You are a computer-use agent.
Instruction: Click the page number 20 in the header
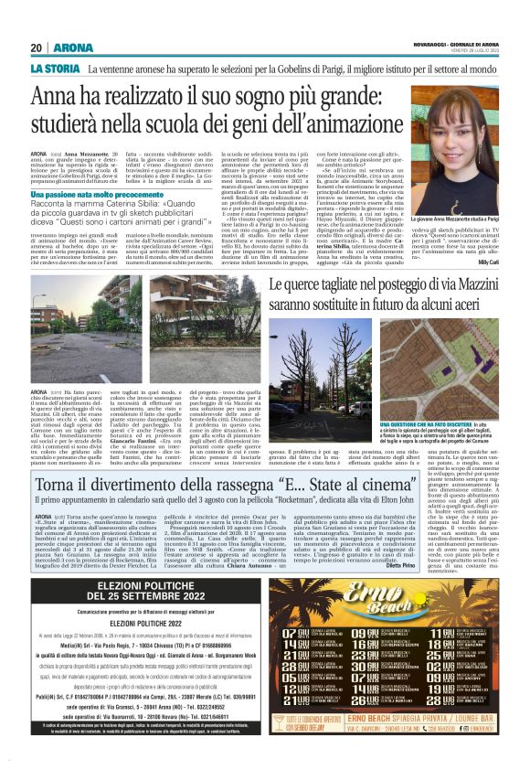click(x=37, y=48)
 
